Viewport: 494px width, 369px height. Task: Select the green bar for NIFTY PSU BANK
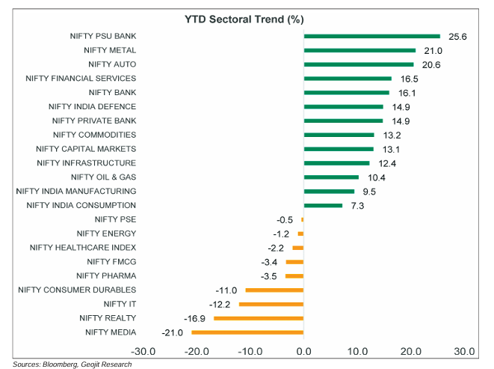(371, 36)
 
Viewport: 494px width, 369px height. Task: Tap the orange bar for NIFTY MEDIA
(247, 332)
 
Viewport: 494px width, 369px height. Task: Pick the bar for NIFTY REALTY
(259, 318)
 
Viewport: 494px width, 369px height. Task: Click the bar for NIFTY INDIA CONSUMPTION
(323, 205)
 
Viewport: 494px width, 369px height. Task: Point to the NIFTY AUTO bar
(358, 64)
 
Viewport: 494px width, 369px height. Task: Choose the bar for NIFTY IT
(271, 304)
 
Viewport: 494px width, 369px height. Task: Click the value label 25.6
(456, 36)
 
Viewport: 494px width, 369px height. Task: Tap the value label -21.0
(172, 332)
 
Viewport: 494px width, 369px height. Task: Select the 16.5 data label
(407, 78)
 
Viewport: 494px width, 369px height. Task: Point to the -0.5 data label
(285, 219)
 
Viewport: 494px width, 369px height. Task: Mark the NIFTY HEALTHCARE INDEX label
(83, 247)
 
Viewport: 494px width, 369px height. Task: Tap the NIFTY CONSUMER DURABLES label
(77, 290)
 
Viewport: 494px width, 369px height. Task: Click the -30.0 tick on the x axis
(143, 350)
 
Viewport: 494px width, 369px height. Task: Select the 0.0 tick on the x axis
(303, 350)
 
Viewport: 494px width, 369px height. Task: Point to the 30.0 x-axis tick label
(464, 350)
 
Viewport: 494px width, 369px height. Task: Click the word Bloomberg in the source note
(64, 364)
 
